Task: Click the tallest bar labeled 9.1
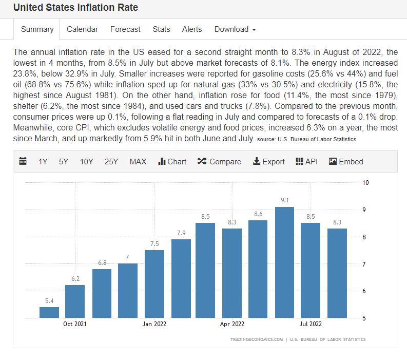click(x=284, y=262)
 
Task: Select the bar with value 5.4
click(x=49, y=312)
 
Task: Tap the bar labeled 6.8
click(x=102, y=294)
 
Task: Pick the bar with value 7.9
click(x=181, y=278)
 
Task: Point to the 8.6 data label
click(x=258, y=214)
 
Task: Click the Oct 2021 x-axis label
click(x=75, y=324)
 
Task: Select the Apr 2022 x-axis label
click(x=232, y=324)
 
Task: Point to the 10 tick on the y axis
click(x=365, y=183)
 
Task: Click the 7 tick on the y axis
click(x=364, y=264)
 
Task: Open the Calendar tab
click(x=82, y=29)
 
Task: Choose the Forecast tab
click(x=125, y=29)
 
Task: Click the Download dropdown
click(x=235, y=29)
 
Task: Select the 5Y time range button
click(x=63, y=162)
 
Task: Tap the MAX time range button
click(x=138, y=162)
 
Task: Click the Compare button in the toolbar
click(x=219, y=162)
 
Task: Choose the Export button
click(x=268, y=162)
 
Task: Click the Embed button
click(x=346, y=162)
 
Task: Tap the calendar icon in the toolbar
click(x=23, y=161)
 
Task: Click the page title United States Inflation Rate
click(x=75, y=7)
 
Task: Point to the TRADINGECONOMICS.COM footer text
click(x=257, y=339)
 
